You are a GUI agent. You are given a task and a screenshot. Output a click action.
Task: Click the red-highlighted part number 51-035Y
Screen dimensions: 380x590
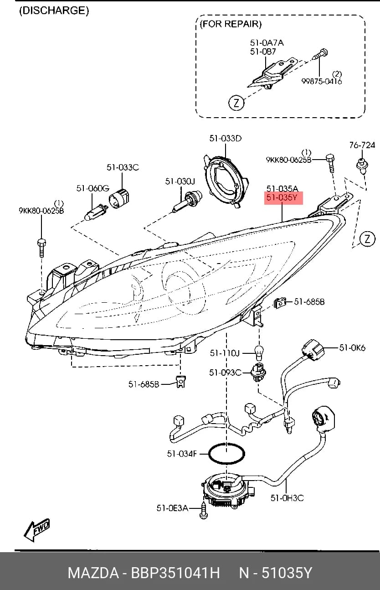[x=282, y=197]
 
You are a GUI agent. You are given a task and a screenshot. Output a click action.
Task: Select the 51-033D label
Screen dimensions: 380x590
[x=226, y=139]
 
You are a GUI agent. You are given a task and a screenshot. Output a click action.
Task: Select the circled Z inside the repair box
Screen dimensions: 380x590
[x=236, y=103]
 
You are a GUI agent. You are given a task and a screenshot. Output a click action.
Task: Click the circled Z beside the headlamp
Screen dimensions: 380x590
[x=367, y=238]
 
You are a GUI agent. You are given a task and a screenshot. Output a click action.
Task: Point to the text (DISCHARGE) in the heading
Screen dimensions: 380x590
[x=54, y=10]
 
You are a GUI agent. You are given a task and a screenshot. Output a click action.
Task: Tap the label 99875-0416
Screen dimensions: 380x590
[x=322, y=81]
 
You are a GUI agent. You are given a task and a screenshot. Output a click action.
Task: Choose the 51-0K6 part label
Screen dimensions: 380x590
[x=352, y=348]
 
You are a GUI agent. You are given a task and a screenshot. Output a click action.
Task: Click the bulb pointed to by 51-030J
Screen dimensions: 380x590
[x=187, y=202]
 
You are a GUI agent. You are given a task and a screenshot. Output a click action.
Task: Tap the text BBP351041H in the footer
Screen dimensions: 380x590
[x=175, y=573]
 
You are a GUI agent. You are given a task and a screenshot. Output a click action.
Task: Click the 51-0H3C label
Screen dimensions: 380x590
[x=287, y=498]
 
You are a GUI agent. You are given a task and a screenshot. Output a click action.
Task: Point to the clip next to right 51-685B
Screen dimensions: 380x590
[x=279, y=303]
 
